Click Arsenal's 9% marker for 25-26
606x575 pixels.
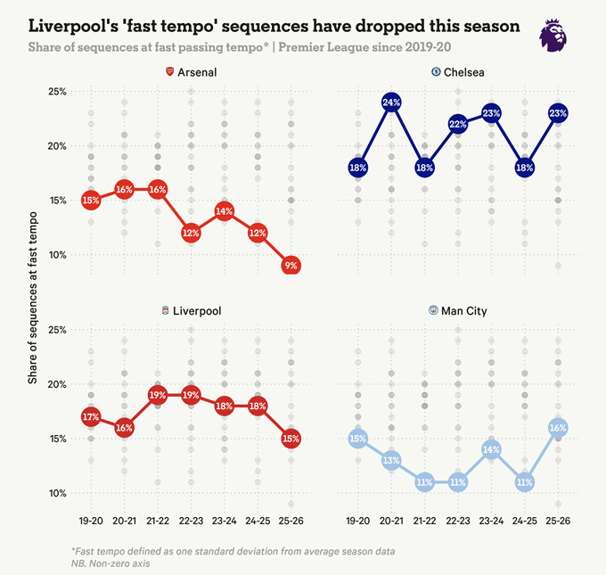291,266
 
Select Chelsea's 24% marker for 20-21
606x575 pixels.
390,103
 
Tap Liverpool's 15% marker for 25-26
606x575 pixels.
291,439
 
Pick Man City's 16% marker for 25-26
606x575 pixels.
558,428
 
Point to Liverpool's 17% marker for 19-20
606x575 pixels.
90,417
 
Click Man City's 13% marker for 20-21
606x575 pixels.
390,460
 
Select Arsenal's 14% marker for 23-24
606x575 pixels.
224,211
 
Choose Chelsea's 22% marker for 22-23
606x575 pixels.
458,124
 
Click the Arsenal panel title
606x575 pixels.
198,71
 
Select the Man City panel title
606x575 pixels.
464,311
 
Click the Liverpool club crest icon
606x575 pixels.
166,311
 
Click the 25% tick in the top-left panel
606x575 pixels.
58,92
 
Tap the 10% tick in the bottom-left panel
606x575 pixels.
58,493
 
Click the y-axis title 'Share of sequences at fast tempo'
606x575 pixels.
32,299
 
